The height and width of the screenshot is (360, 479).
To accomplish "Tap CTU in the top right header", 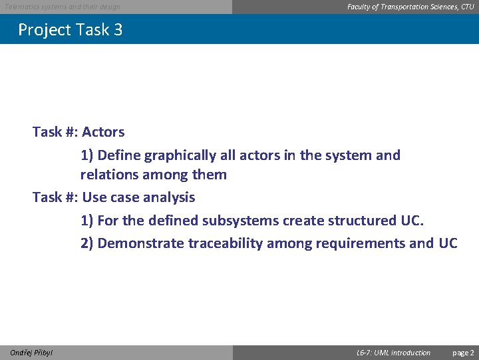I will click(468, 7).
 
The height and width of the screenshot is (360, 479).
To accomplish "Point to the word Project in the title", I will click(43, 30).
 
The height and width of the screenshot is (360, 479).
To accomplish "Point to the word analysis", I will click(169, 197).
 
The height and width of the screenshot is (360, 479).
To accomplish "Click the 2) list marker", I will click(87, 243).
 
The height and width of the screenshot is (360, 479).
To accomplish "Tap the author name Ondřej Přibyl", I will click(32, 353).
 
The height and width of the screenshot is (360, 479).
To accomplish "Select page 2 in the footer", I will click(463, 353).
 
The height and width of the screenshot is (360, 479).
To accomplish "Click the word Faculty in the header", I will click(360, 7).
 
